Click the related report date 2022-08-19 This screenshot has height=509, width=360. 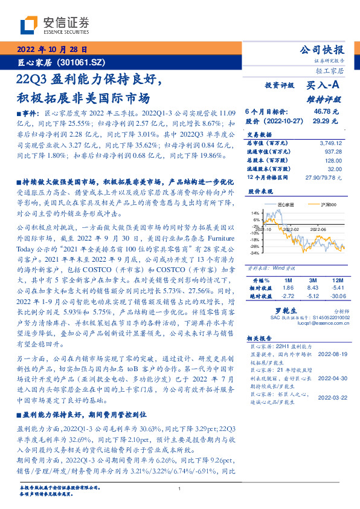point(331,354)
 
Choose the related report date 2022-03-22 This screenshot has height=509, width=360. point(331,398)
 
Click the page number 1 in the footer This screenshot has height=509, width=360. point(179,489)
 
